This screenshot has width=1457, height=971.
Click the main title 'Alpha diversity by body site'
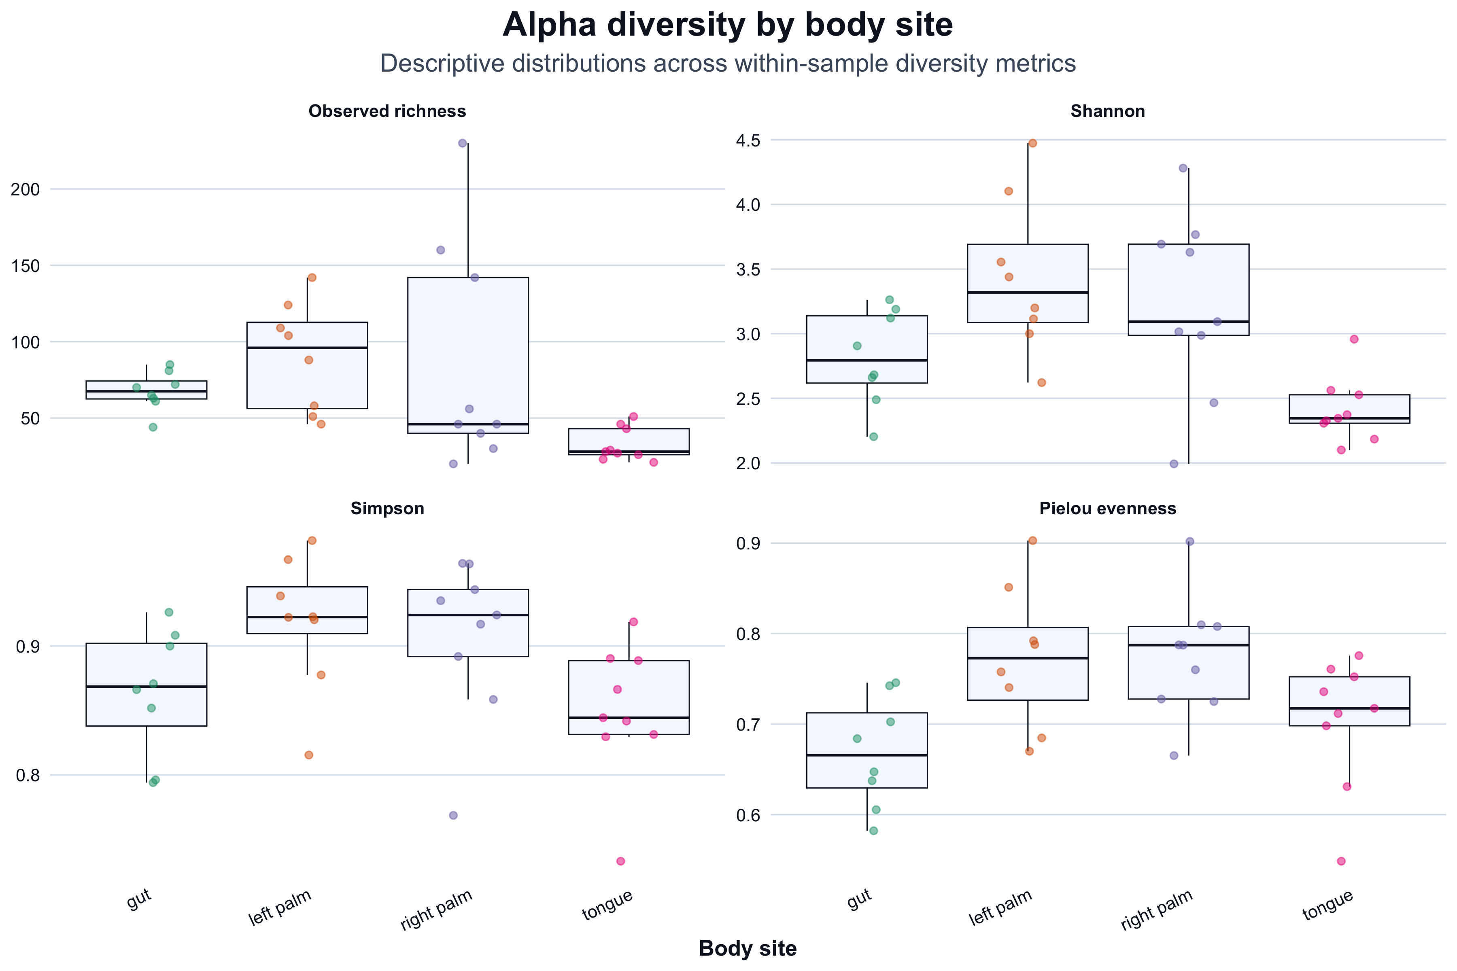(728, 25)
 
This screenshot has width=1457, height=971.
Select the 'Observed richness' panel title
(387, 112)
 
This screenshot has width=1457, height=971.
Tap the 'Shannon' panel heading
(1108, 112)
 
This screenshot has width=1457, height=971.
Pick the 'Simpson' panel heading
(387, 509)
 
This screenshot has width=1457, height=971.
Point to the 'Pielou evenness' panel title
(1108, 509)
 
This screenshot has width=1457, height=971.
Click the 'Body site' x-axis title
(748, 948)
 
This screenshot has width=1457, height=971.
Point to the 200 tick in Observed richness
(25, 189)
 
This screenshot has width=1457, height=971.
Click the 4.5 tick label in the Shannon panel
(748, 140)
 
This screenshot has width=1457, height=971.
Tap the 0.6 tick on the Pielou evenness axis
(748, 815)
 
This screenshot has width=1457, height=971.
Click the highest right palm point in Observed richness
(462, 143)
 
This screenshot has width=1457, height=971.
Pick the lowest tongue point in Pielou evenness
(1341, 861)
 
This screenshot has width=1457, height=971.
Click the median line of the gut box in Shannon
(867, 360)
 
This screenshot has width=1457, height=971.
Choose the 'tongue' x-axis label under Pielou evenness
(1327, 905)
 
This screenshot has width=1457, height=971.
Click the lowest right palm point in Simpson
(453, 815)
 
